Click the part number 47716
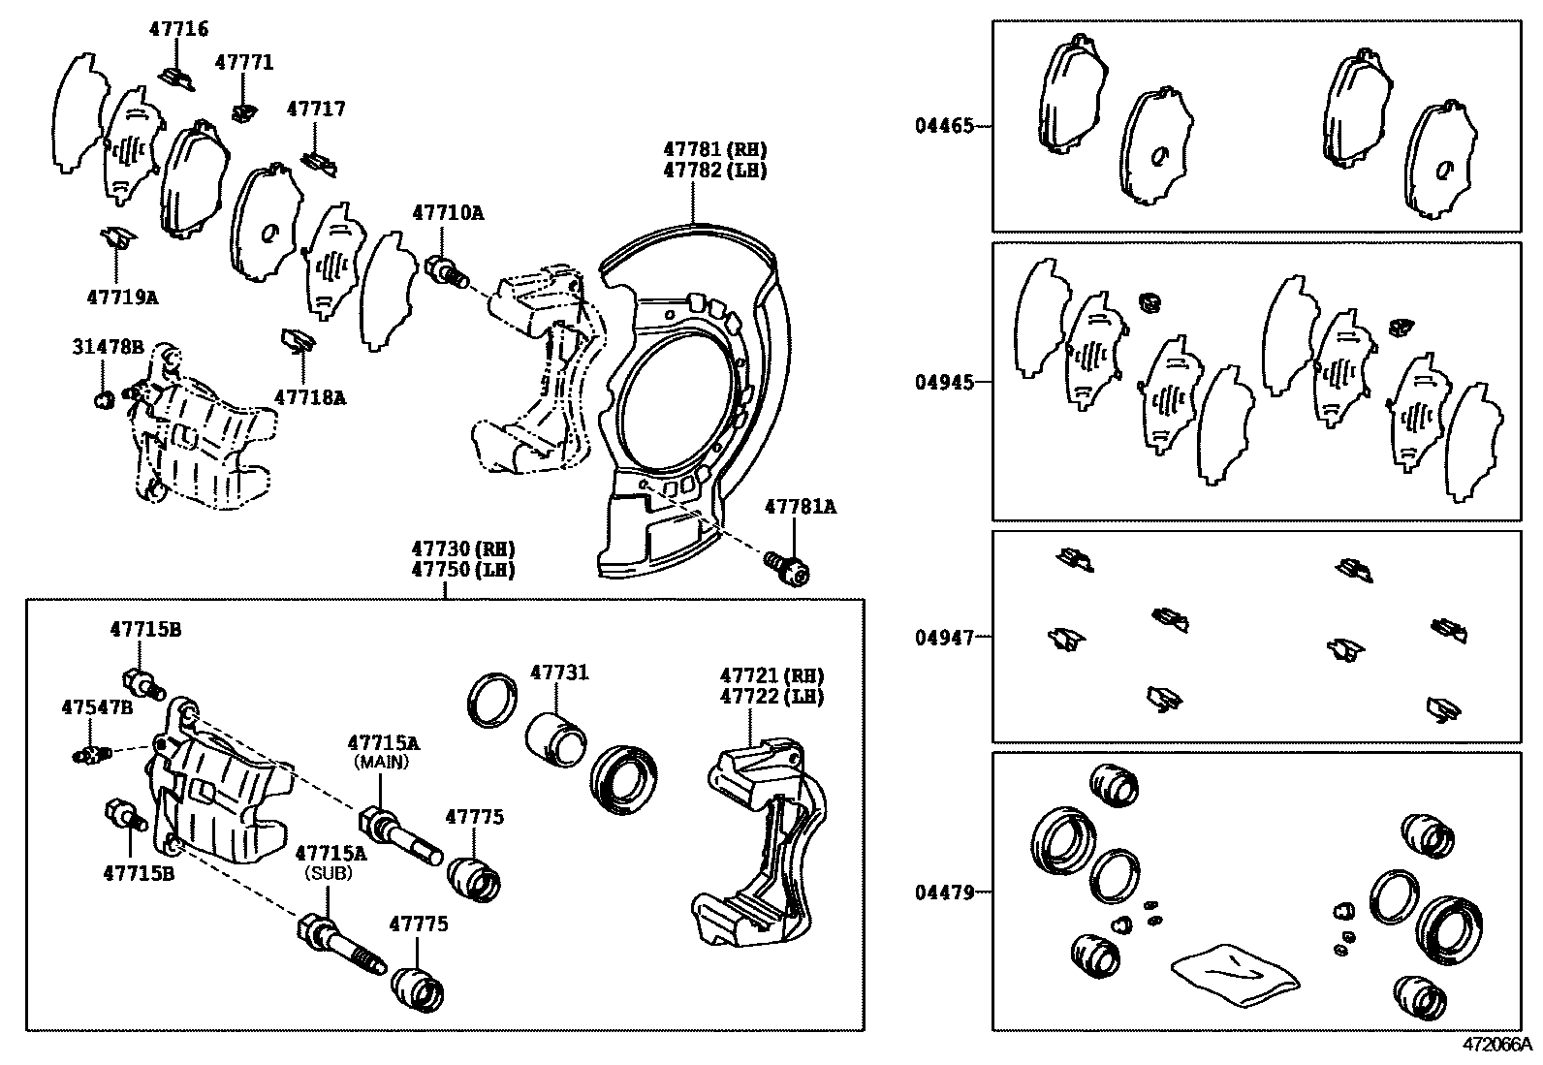(x=178, y=29)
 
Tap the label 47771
(x=244, y=63)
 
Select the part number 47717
(x=315, y=110)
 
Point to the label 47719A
(x=122, y=298)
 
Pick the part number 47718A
(x=310, y=396)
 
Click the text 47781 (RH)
(x=714, y=149)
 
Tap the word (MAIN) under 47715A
(x=382, y=763)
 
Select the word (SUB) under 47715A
(x=330, y=872)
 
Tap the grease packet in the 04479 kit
(x=1234, y=972)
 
